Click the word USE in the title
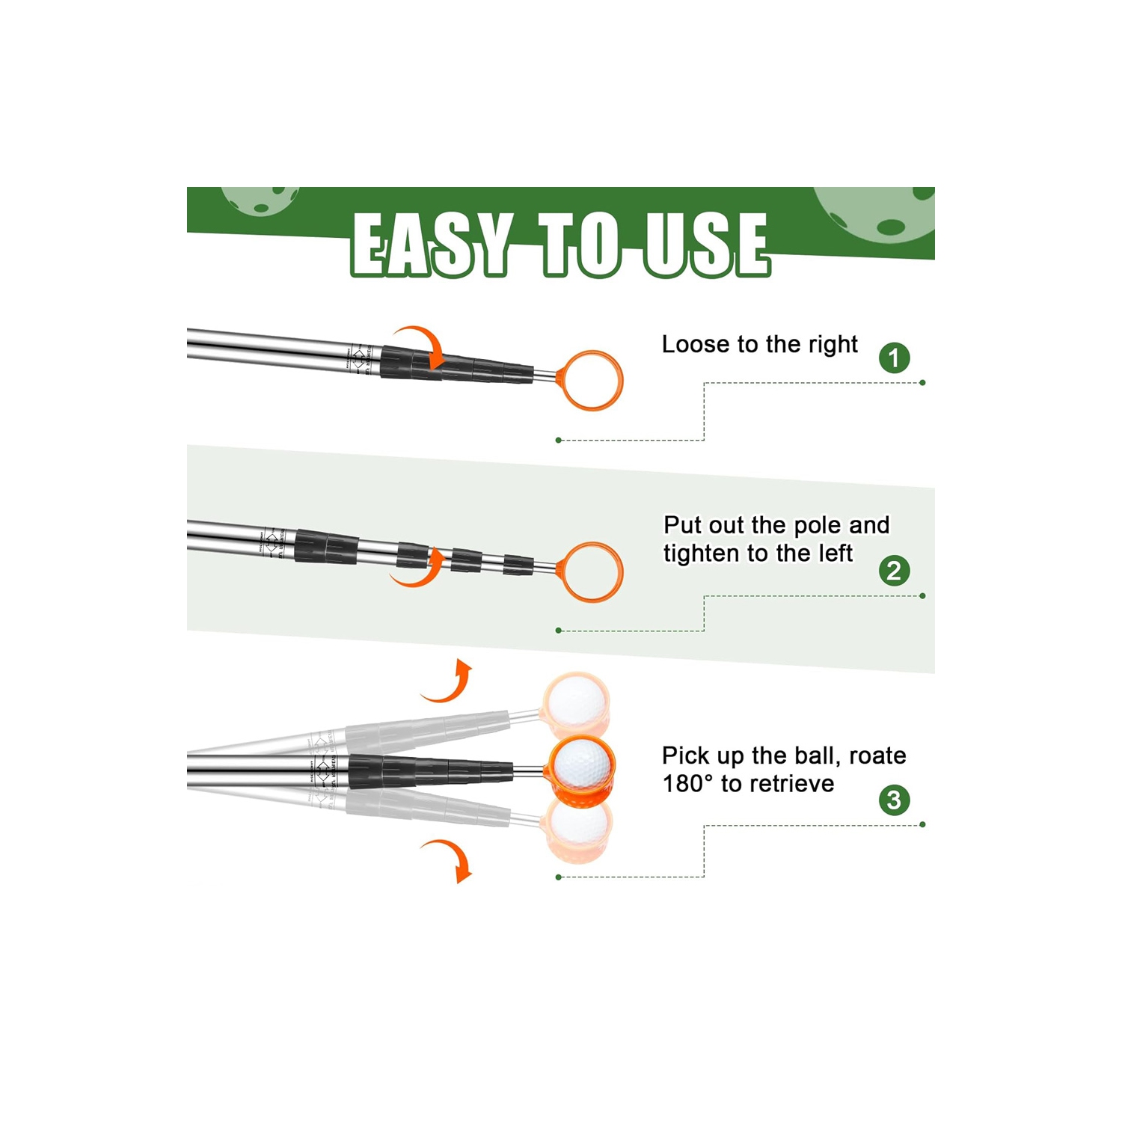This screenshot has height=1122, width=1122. pyautogui.click(x=706, y=244)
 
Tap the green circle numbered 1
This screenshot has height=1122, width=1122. pyautogui.click(x=894, y=358)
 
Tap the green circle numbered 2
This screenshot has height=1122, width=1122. pyautogui.click(x=894, y=571)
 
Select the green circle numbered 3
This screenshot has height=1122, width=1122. pyautogui.click(x=894, y=800)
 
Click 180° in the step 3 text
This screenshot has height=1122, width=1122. pyautogui.click(x=687, y=784)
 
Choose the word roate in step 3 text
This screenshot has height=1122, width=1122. pyautogui.click(x=877, y=755)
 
